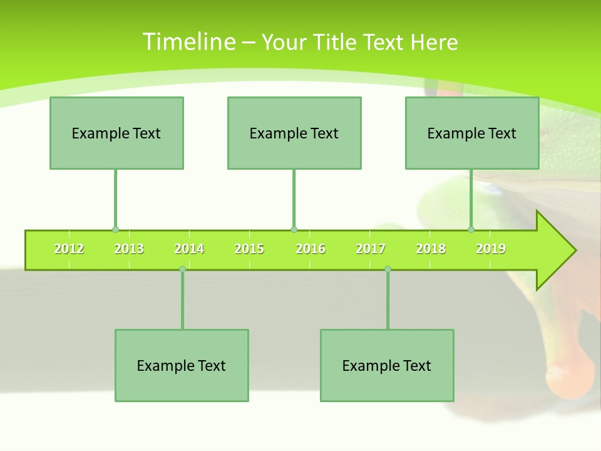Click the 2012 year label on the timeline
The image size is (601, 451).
click(69, 249)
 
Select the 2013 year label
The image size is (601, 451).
click(129, 249)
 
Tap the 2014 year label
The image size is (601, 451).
click(189, 249)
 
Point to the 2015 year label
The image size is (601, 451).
click(249, 249)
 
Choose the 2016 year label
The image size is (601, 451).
click(311, 249)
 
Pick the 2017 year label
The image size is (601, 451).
click(371, 249)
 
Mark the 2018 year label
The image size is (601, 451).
click(431, 249)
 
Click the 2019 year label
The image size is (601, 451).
click(491, 249)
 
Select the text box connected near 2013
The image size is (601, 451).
click(116, 133)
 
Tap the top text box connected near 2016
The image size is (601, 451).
click(294, 133)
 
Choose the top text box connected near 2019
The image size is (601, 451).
click(472, 133)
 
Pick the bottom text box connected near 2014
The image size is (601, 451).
click(182, 365)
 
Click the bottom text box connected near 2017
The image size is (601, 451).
click(387, 365)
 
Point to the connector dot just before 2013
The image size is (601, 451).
click(115, 230)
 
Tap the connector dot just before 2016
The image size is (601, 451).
click(294, 230)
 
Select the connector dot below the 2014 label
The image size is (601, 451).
click(182, 269)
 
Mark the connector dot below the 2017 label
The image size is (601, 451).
click(388, 269)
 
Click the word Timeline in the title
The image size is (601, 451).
click(188, 42)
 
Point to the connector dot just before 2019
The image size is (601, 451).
click(471, 230)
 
